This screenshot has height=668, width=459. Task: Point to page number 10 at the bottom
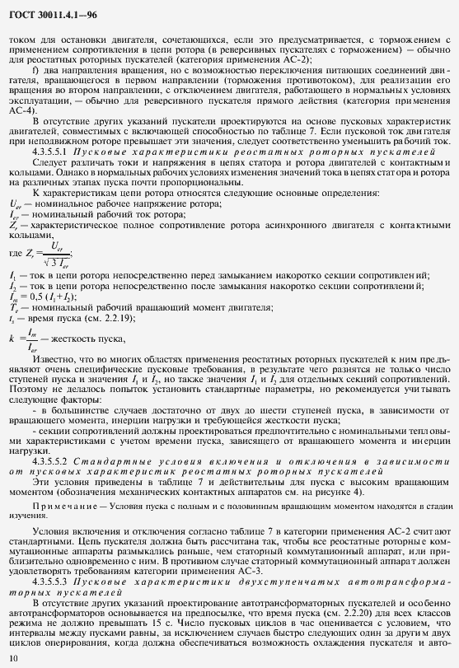coord(12,657)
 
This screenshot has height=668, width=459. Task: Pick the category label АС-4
coord(22,110)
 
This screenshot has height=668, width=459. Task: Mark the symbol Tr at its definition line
coord(13,306)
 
